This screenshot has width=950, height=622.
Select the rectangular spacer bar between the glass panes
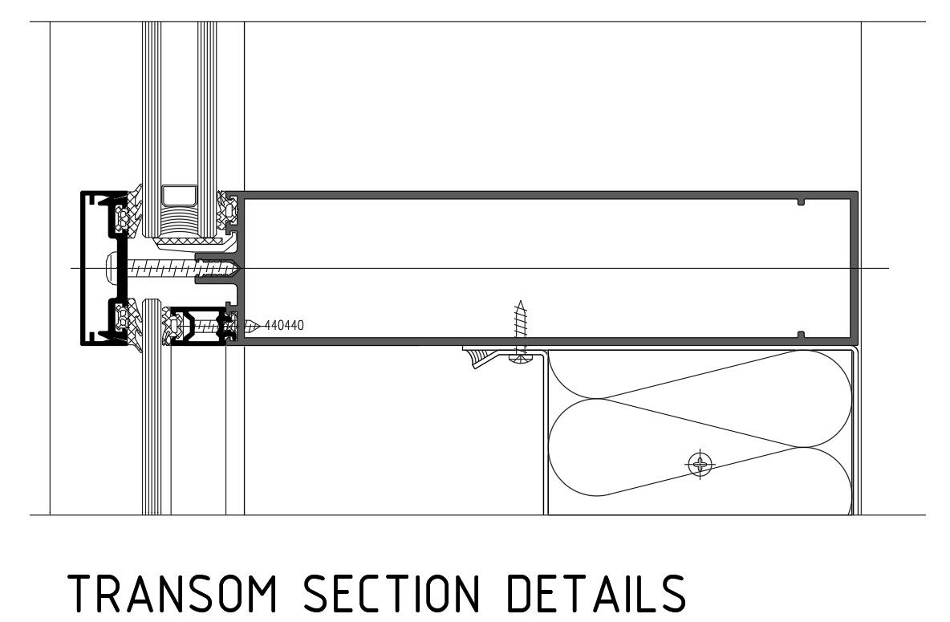179,195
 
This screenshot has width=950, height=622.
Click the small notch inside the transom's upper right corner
799,201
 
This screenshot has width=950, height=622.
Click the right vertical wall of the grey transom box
855,267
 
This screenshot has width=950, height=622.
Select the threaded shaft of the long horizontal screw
160,266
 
